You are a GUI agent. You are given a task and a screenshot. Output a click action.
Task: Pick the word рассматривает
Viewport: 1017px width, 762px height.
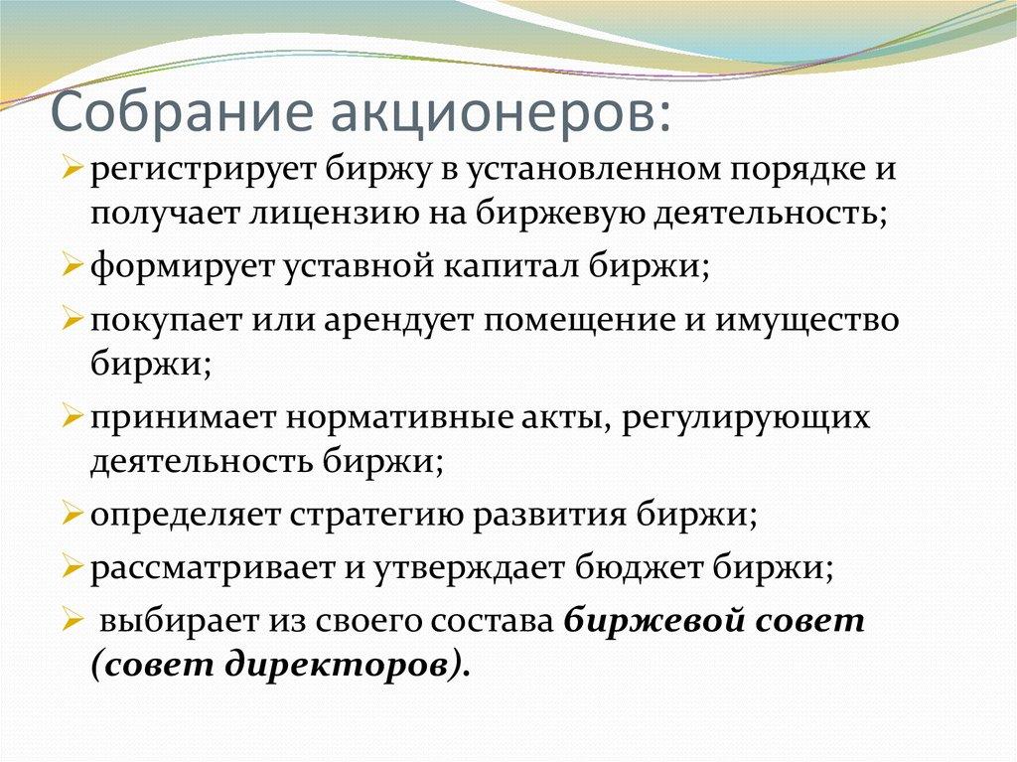[x=204, y=569]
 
